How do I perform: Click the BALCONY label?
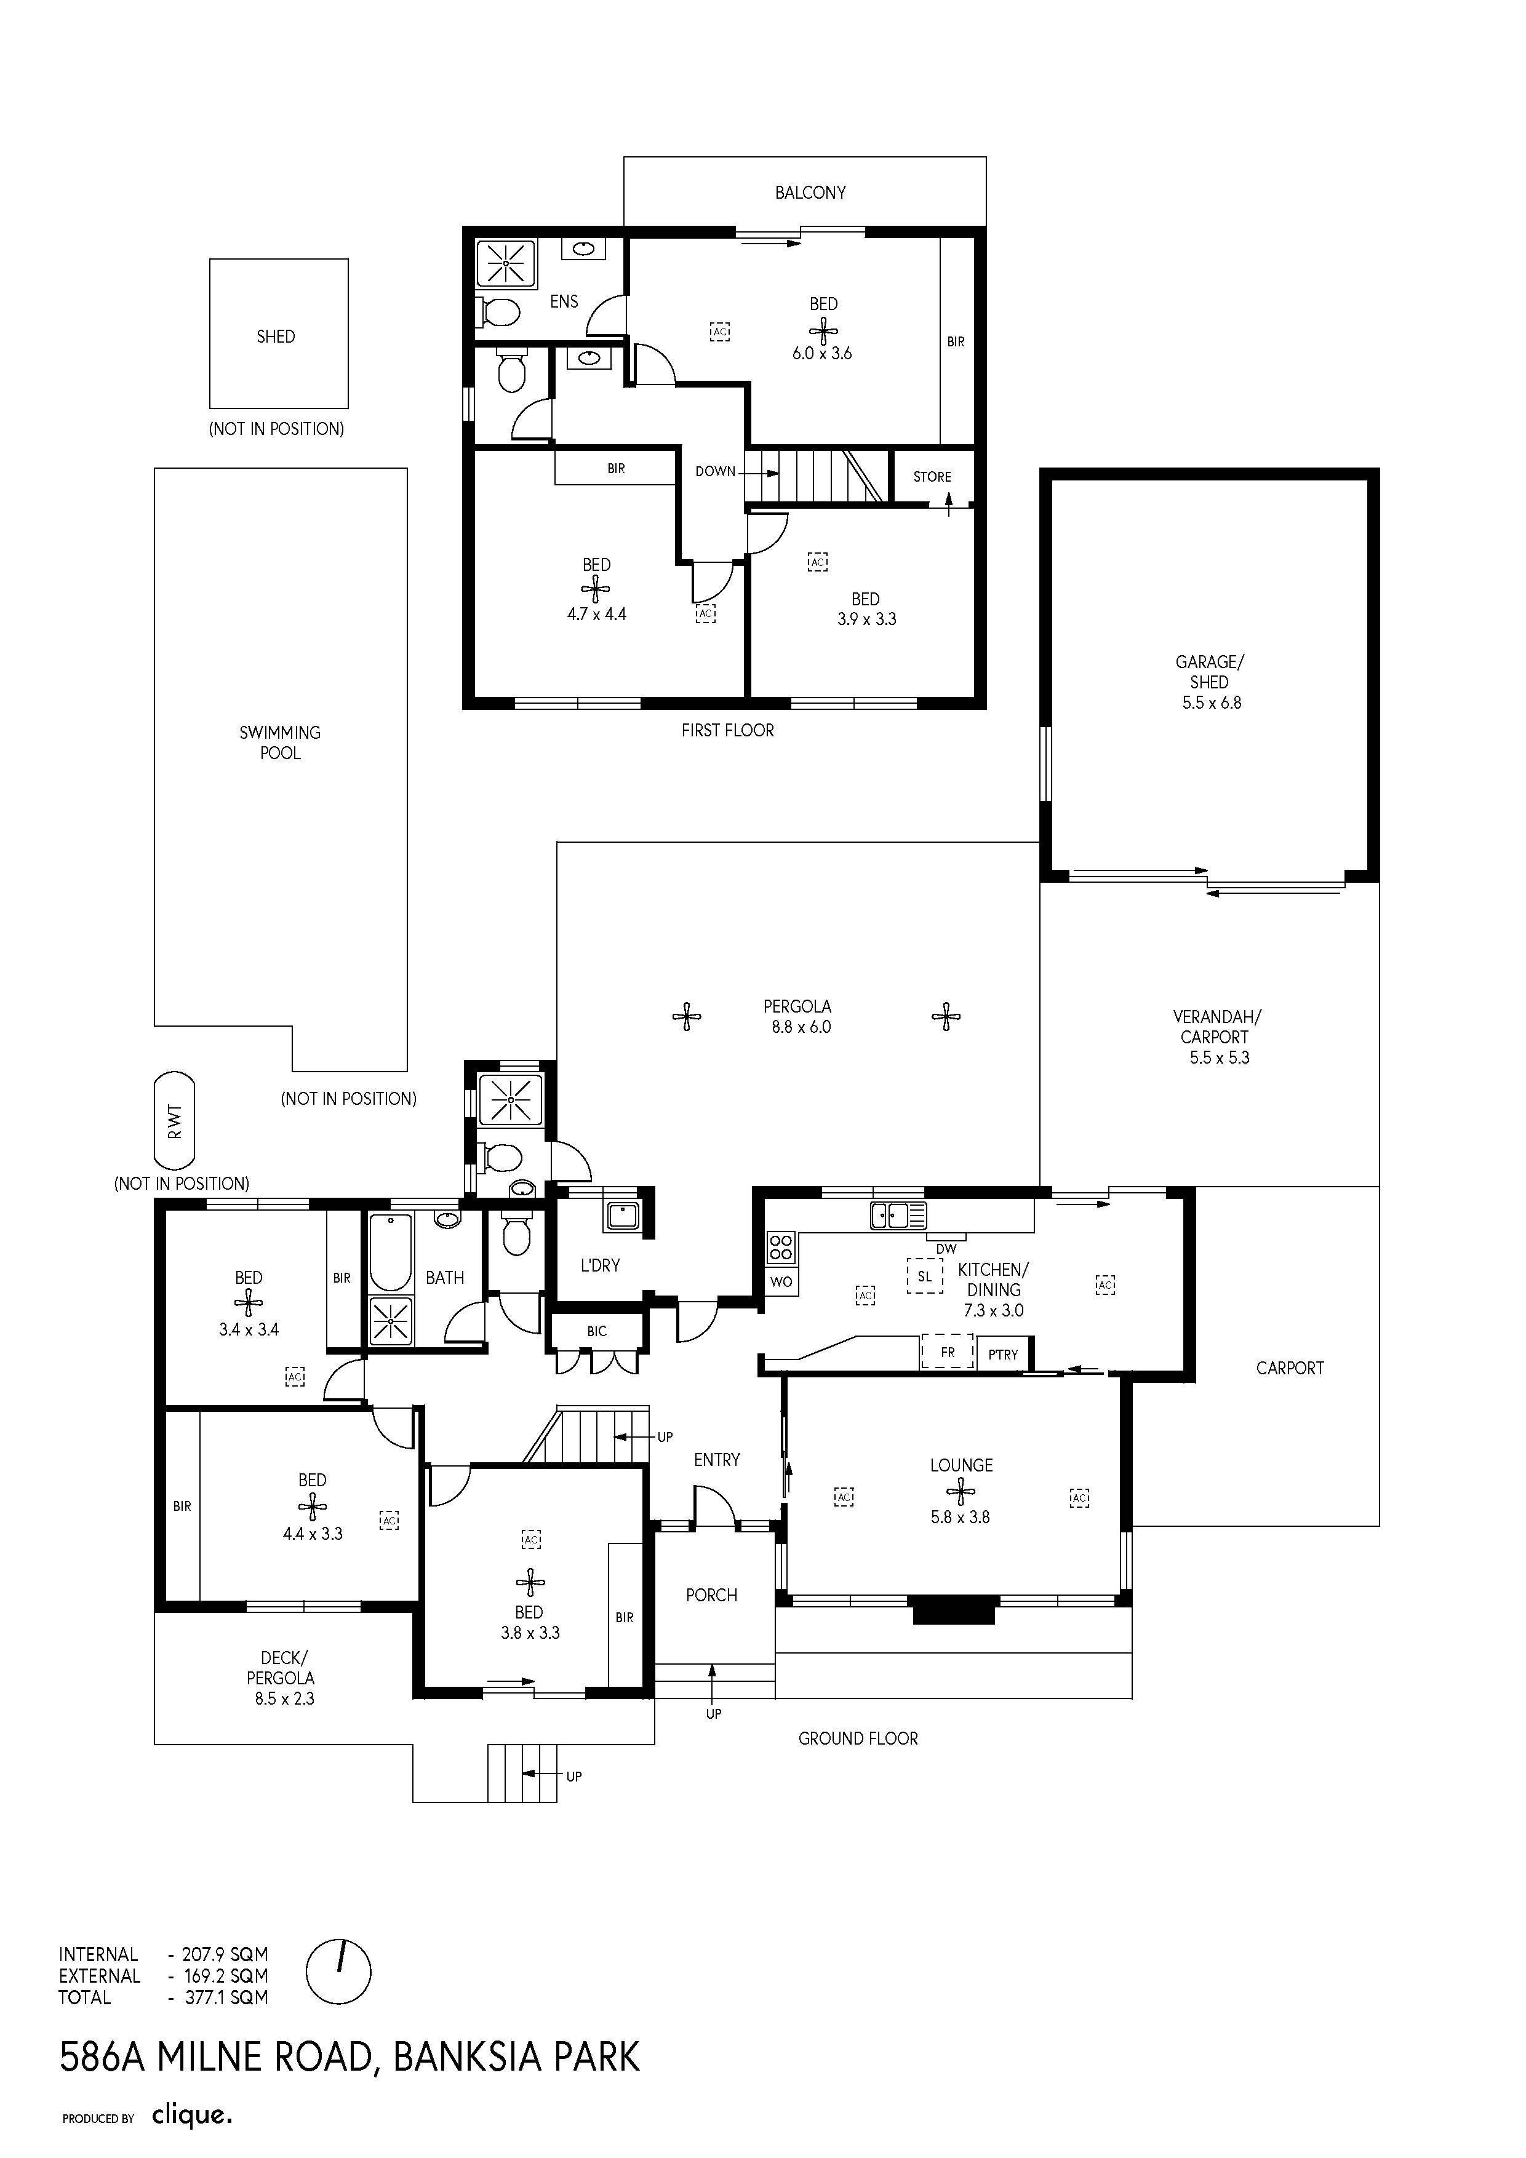click(810, 193)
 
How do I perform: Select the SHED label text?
click(276, 336)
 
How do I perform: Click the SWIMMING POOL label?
click(279, 743)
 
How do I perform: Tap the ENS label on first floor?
click(564, 301)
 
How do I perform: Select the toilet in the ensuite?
click(498, 311)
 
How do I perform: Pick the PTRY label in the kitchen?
click(1003, 1355)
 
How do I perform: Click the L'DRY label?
click(600, 1265)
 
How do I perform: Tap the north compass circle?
click(338, 1972)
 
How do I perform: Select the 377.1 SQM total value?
click(226, 1997)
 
